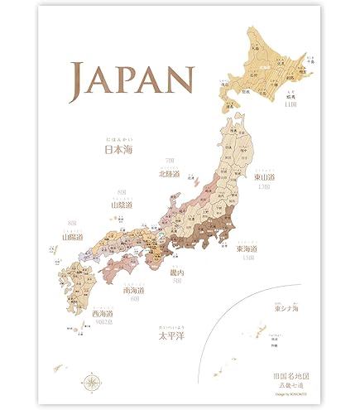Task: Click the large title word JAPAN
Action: [x=132, y=78]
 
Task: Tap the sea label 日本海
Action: [x=118, y=150]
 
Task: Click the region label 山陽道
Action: [x=74, y=236]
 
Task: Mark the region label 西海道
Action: [x=103, y=314]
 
